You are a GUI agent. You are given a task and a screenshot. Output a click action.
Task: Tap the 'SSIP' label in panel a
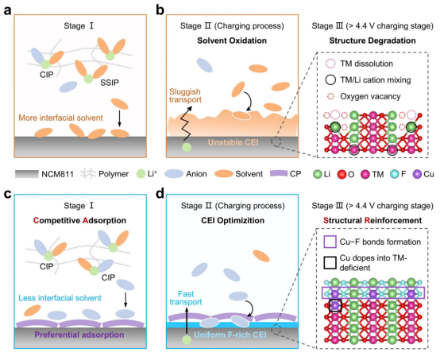coord(110,83)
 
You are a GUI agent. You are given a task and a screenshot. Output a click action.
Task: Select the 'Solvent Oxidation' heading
coord(232,41)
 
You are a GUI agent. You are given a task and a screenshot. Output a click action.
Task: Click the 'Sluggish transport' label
coord(185,95)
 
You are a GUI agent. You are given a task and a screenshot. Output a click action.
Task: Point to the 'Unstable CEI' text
coord(233,142)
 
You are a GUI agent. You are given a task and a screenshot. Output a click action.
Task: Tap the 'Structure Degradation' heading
coord(372,41)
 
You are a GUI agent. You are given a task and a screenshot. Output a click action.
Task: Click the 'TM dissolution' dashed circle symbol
coord(330,64)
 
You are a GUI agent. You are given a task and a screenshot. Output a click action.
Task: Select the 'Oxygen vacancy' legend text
coord(370,96)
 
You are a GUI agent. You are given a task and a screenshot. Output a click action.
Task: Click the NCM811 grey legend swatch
coord(27,174)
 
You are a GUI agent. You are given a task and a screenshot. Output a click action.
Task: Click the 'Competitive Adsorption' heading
coord(79,220)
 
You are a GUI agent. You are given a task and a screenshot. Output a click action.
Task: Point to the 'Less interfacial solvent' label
coord(60,298)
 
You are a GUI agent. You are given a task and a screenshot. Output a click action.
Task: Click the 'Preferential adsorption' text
coord(79,335)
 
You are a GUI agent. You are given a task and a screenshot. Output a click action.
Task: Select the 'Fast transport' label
coord(186,298)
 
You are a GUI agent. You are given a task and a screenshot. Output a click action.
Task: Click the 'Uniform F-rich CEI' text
coord(230,335)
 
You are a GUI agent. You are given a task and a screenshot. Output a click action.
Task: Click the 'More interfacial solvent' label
coord(60,118)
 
